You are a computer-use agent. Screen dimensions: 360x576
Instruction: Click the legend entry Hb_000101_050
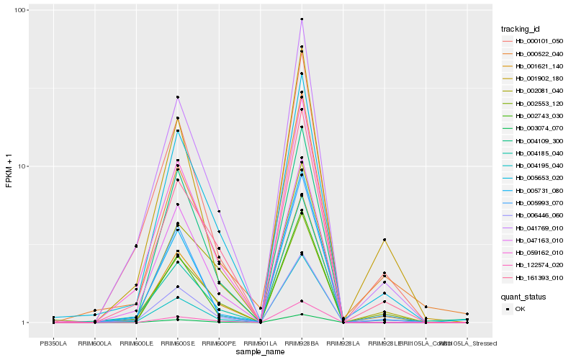coord(534,41)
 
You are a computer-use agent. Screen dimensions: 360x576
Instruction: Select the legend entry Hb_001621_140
coord(534,66)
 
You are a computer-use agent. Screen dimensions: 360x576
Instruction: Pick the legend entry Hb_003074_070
coord(534,128)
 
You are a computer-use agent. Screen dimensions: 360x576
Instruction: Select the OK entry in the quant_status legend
coord(529,309)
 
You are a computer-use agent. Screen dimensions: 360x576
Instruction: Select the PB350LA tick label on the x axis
coord(53,343)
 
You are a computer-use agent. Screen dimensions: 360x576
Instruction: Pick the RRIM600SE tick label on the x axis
coord(177,343)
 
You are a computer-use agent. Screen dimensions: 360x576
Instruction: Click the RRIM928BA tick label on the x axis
coord(302,343)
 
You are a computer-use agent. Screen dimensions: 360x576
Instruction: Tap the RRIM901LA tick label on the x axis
coord(260,343)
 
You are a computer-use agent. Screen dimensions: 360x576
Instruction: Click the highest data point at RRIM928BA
coord(302,19)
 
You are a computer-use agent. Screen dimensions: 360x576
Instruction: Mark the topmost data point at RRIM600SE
coord(177,97)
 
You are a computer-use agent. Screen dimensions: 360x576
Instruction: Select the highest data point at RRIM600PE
coord(219,212)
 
